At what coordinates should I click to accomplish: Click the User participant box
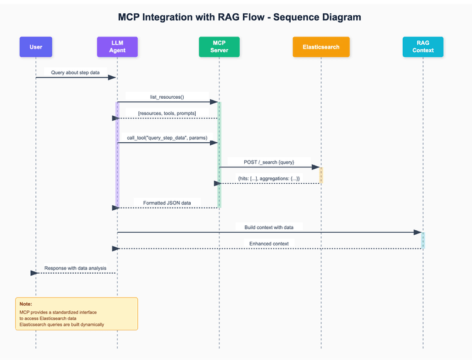pos(36,47)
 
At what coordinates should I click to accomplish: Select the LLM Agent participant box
pos(117,47)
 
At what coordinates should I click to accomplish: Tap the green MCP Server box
pos(219,47)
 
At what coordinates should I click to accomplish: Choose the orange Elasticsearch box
pos(321,47)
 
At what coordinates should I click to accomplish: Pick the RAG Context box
pos(423,47)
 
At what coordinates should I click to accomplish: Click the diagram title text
pos(240,17)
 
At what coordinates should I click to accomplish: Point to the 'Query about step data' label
pos(76,72)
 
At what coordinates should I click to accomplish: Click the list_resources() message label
pos(167,97)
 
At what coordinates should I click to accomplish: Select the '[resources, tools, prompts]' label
pos(167,113)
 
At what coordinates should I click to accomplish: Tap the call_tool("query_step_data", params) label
pos(167,137)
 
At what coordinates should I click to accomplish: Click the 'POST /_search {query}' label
pos(269,162)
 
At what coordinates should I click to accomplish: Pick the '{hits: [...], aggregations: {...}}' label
pos(269,179)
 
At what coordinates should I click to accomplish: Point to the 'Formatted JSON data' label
pos(167,203)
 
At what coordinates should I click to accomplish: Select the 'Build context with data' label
pos(269,227)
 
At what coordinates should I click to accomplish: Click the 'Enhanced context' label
pos(269,243)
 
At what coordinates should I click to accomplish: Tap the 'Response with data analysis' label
pos(76,268)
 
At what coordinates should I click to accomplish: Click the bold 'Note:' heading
pos(26,304)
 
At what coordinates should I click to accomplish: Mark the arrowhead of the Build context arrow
pos(417,232)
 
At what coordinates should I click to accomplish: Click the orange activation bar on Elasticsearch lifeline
pos(321,175)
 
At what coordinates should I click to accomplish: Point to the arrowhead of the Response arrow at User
pos(33,273)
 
